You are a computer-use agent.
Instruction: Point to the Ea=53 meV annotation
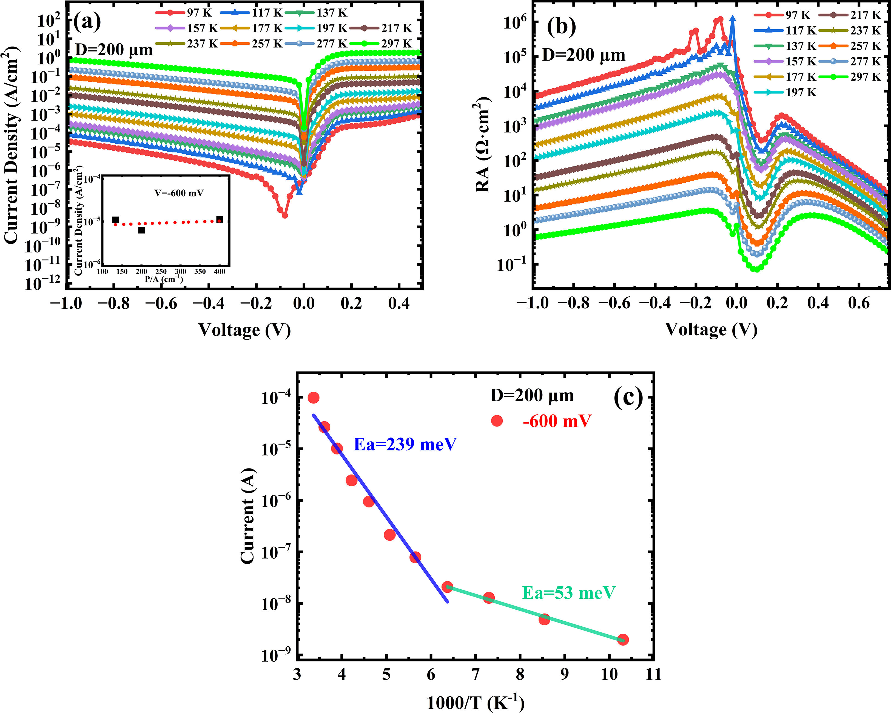(x=569, y=593)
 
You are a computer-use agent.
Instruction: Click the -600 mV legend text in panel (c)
(x=557, y=421)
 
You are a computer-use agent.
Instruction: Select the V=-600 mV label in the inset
(x=179, y=193)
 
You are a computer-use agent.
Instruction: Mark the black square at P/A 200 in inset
(x=141, y=230)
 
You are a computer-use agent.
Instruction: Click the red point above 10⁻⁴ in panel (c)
(x=314, y=398)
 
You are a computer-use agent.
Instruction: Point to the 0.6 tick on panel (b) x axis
(x=859, y=304)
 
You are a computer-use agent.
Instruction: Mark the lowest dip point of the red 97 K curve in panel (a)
(x=284, y=215)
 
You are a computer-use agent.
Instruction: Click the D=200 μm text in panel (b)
(x=583, y=55)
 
